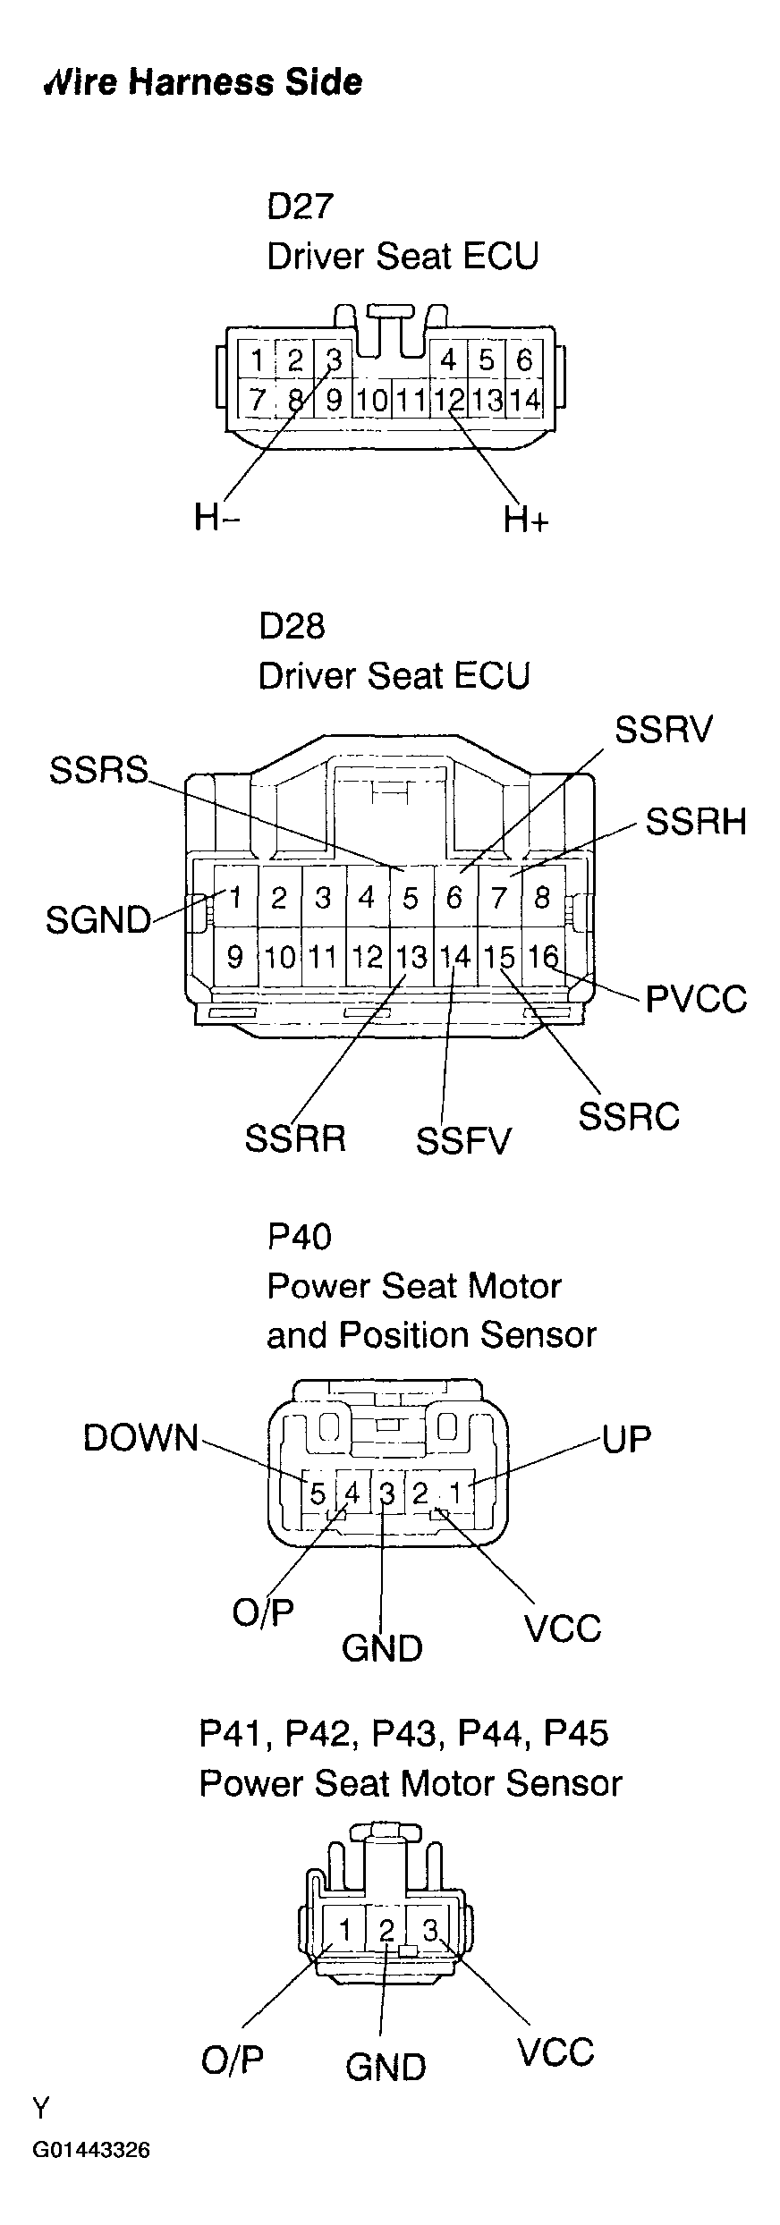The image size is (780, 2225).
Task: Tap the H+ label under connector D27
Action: pyautogui.click(x=525, y=520)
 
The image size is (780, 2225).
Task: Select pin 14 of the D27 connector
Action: pyautogui.click(x=525, y=400)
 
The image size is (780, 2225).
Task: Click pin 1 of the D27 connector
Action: pyautogui.click(x=258, y=361)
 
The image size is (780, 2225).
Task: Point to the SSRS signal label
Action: pyautogui.click(x=98, y=770)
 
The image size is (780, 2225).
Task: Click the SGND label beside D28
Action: pyautogui.click(x=98, y=920)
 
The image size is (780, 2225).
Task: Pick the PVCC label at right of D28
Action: pyautogui.click(x=696, y=999)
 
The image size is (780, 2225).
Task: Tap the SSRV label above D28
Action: pyautogui.click(x=664, y=731)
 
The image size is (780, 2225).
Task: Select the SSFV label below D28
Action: pyautogui.click(x=463, y=1141)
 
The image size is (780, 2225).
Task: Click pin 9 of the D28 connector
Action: pyautogui.click(x=234, y=958)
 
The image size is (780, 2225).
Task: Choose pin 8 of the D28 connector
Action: pyautogui.click(x=542, y=897)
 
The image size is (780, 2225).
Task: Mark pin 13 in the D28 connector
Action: pyautogui.click(x=411, y=958)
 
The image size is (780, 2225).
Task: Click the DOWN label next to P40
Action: pyautogui.click(x=140, y=1438)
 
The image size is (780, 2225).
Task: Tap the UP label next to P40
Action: pyautogui.click(x=627, y=1439)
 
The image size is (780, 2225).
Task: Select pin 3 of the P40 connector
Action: pyautogui.click(x=386, y=1493)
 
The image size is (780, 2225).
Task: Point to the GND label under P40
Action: pyautogui.click(x=382, y=1648)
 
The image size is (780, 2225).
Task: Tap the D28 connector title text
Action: pyautogui.click(x=292, y=626)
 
